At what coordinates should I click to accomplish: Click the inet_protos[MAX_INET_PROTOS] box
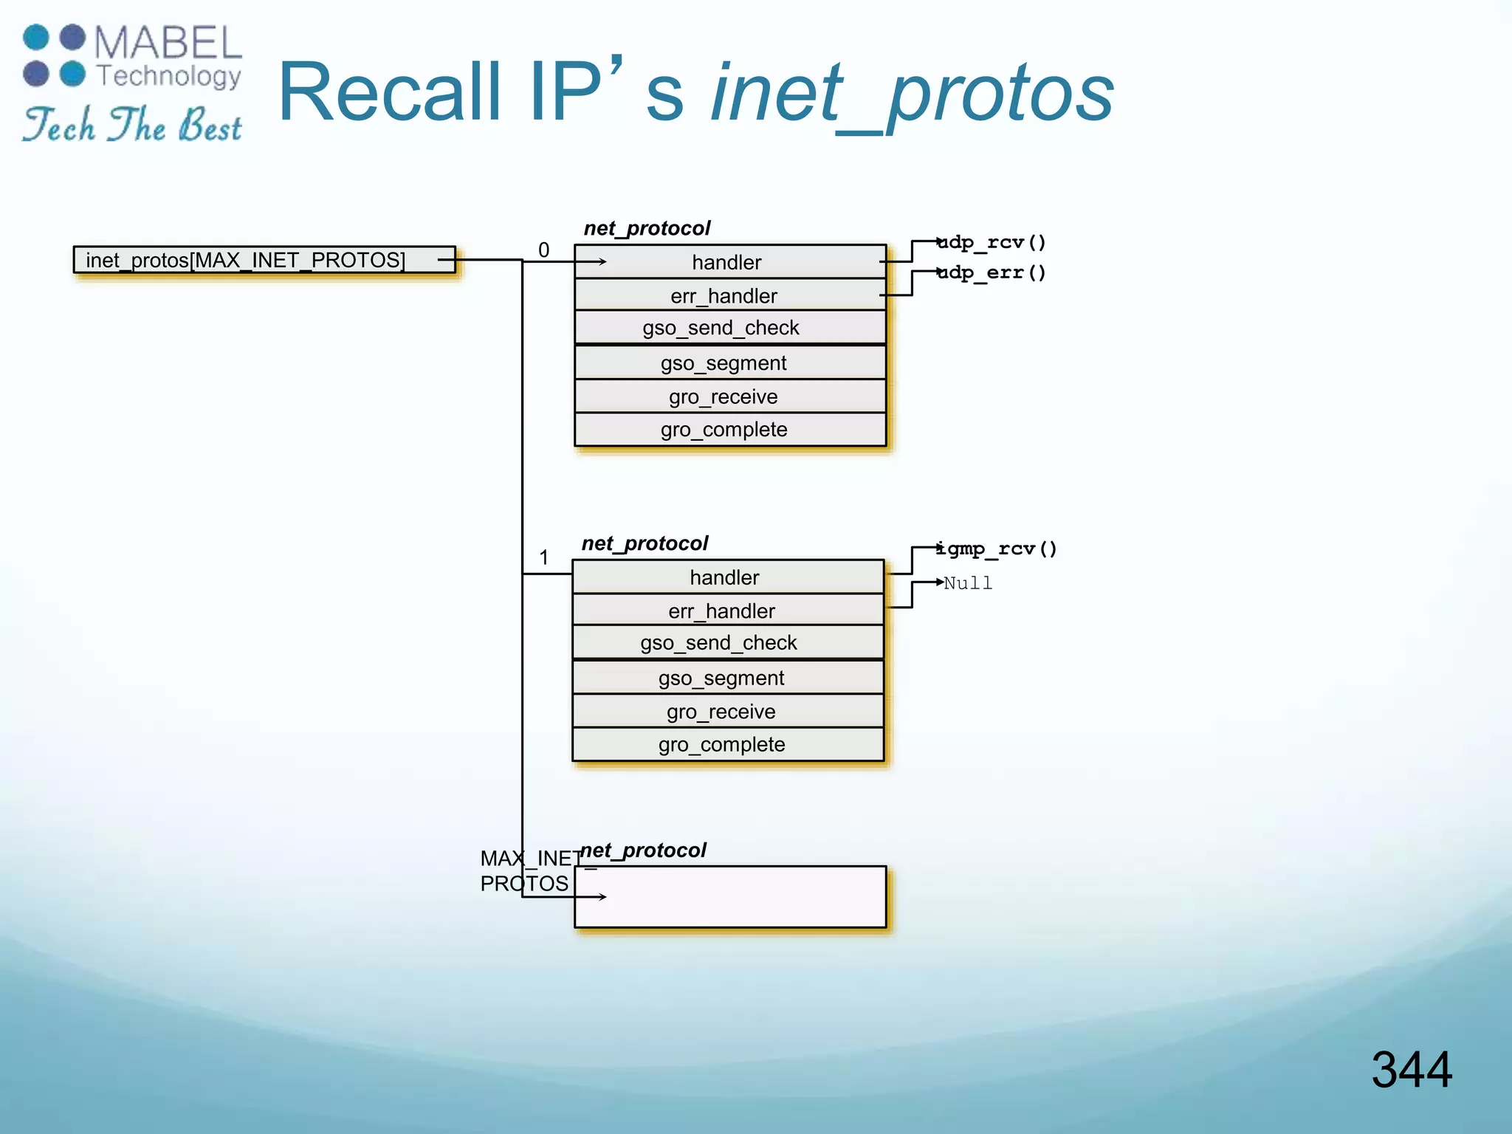tap(264, 260)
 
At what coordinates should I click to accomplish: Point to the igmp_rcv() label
tap(997, 549)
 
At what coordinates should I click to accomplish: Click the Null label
tap(968, 583)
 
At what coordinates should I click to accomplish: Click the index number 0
tap(544, 250)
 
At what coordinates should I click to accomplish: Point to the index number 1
tap(544, 557)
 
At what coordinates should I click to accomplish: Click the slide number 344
tap(1412, 1069)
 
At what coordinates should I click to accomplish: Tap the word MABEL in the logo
tap(168, 43)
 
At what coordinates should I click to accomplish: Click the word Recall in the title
tap(390, 92)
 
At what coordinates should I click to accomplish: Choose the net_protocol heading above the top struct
tap(647, 228)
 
